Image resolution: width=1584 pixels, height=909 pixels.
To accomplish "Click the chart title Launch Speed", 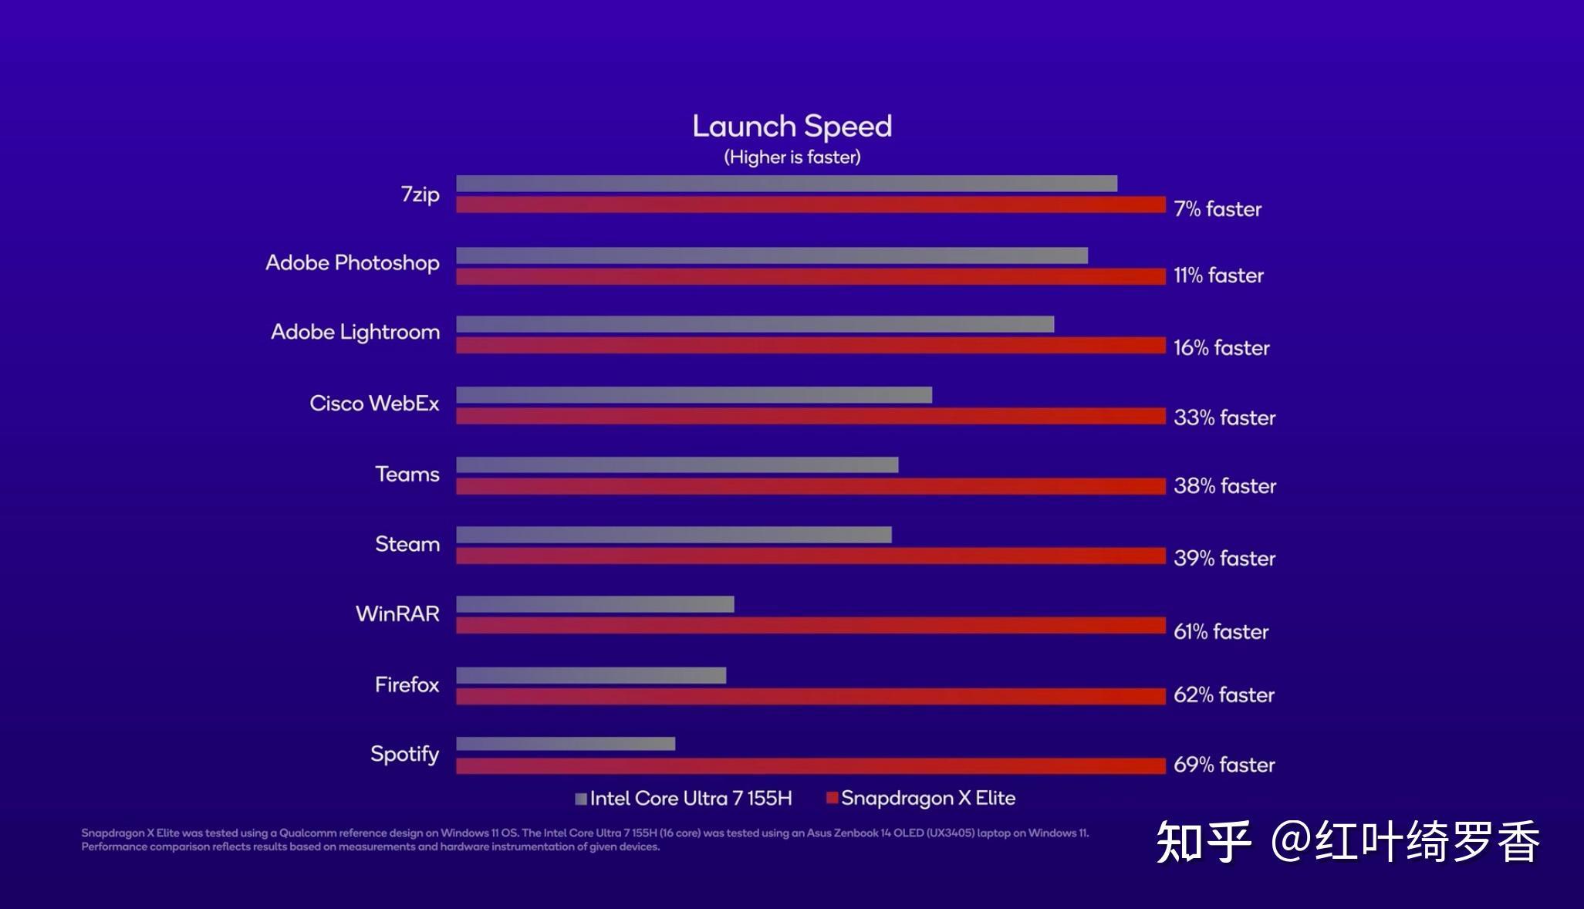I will click(792, 127).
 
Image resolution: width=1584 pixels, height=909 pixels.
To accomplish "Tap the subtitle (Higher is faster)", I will click(792, 157).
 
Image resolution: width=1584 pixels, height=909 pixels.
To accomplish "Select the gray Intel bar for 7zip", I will click(786, 184).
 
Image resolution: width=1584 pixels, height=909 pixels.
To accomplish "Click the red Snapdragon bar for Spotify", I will click(810, 765).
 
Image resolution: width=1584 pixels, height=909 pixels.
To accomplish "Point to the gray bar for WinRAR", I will click(595, 604).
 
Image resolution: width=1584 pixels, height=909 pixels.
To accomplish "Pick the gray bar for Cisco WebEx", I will click(694, 395).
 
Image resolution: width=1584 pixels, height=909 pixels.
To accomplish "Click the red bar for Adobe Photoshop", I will click(810, 276).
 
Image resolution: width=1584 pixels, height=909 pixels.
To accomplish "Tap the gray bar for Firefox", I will click(591, 676).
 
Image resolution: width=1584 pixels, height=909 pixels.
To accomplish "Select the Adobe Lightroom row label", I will click(355, 332).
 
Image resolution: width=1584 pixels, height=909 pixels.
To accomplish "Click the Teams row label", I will click(407, 474).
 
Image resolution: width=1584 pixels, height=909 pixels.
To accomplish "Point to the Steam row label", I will click(407, 544).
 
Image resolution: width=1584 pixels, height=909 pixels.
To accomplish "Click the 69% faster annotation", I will click(1224, 765).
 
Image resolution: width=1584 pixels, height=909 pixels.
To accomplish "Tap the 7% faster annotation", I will click(1217, 209).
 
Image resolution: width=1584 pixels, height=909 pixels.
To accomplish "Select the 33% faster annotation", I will click(1224, 417).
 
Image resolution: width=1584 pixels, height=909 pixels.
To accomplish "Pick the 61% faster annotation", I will click(1221, 631).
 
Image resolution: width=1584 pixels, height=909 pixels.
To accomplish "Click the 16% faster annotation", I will click(1221, 348).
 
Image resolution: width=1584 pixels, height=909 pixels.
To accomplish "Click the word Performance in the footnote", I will click(113, 847).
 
